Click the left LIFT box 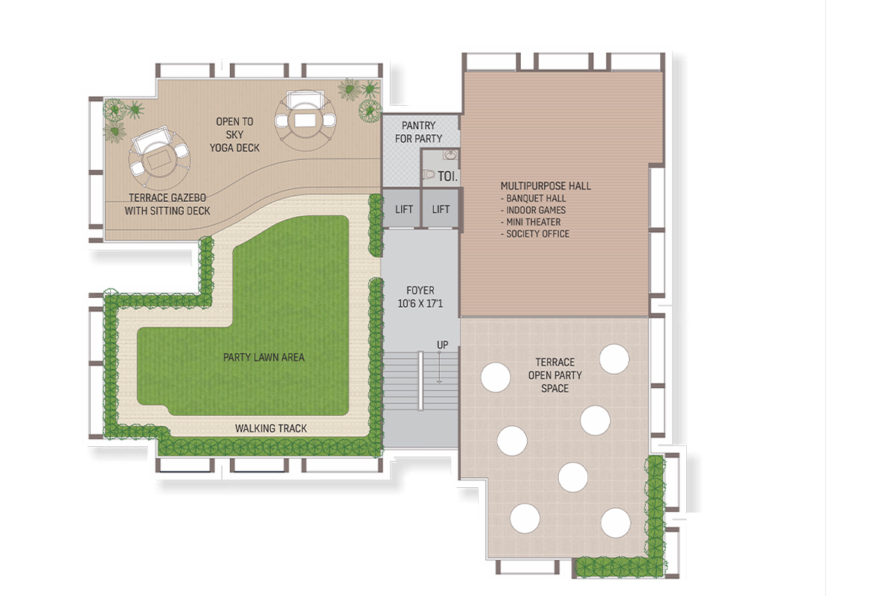402,209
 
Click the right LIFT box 441,209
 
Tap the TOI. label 448,177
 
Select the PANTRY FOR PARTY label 418,132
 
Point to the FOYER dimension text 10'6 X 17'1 420,303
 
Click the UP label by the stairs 443,344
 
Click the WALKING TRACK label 271,428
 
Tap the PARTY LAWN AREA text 264,358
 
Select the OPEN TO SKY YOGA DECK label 235,135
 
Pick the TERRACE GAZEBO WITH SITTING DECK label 167,204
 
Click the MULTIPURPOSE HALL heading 545,186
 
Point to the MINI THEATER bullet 531,222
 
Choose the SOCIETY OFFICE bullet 535,234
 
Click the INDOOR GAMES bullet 534,210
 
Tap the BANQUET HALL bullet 534,198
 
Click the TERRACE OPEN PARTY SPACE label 555,375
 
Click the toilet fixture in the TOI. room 429,174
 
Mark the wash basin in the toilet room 451,155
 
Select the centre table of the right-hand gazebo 305,120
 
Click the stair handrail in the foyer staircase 420,381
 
